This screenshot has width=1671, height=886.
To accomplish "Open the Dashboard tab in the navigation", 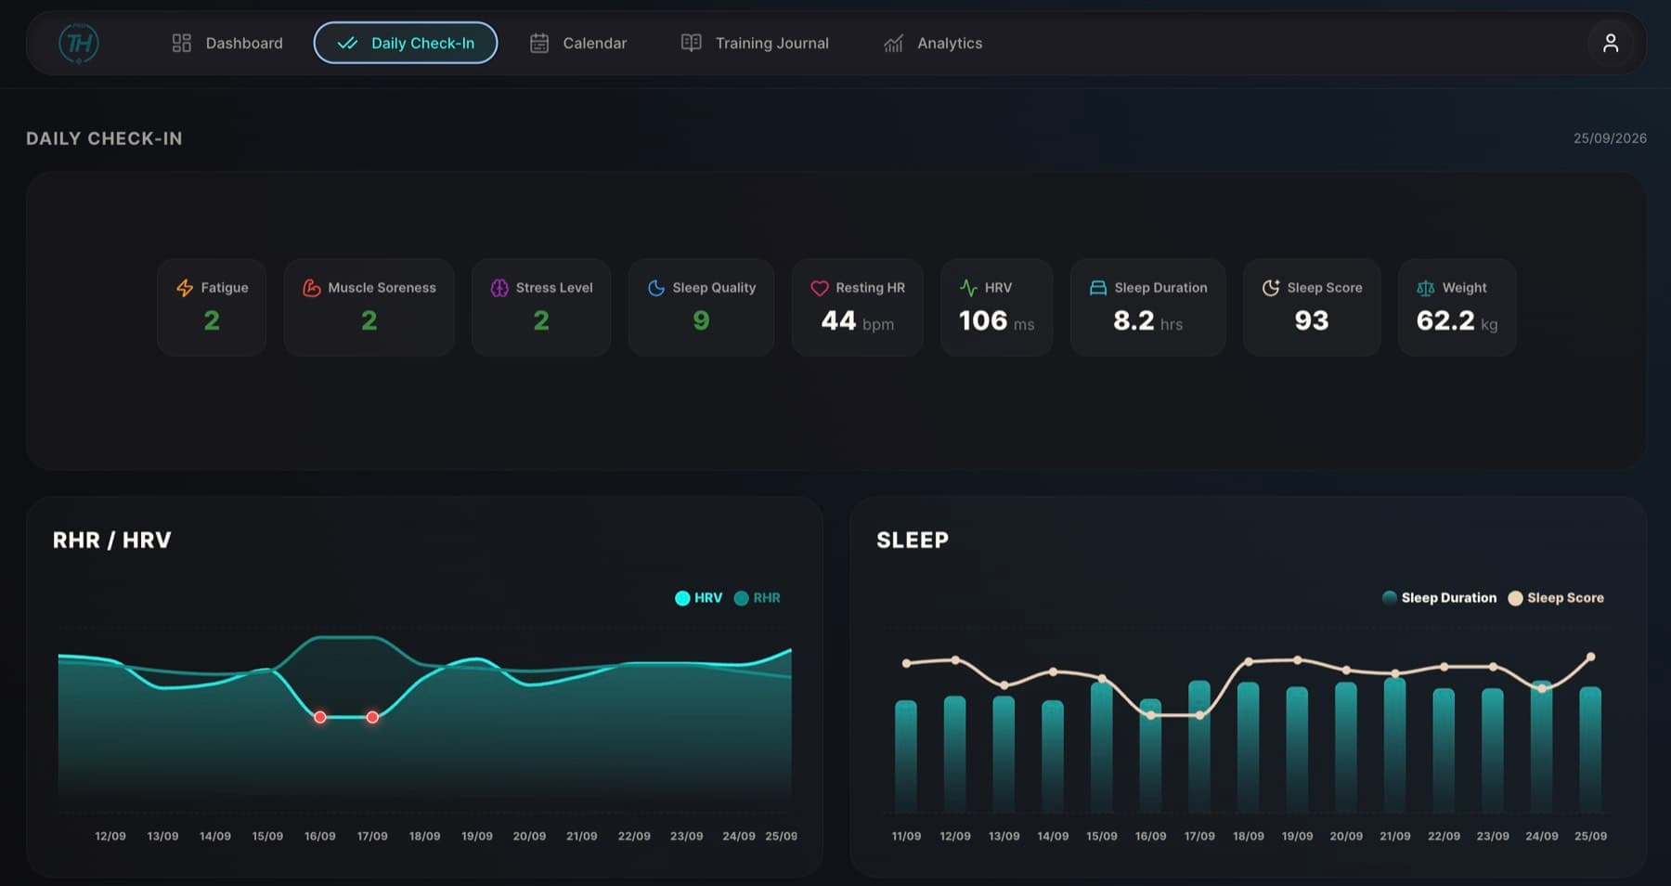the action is point(227,43).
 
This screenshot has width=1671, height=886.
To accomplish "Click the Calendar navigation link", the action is point(578,43).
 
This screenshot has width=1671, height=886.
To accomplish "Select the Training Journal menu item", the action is point(755,43).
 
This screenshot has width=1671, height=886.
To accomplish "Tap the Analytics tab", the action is point(933,43).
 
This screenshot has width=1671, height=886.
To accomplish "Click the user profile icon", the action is point(1611,43).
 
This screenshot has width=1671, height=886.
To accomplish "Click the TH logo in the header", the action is point(79,43).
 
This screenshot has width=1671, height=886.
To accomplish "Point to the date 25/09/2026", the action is point(1610,138).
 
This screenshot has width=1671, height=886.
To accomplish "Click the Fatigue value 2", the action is point(212,320).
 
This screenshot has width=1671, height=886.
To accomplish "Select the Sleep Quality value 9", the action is point(701,320).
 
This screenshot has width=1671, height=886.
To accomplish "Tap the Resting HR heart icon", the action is point(819,288).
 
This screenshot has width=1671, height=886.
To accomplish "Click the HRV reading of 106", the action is point(983,320).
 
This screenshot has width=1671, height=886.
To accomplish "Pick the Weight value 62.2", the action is point(1445,320).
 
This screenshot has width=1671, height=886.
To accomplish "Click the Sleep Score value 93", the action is point(1312,320).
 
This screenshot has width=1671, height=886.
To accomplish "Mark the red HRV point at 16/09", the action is point(319,717).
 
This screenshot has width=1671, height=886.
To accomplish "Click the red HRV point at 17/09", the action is point(372,717).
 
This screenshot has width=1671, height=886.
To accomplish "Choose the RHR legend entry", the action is point(757,598).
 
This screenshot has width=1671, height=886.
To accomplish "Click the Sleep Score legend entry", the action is point(1556,598).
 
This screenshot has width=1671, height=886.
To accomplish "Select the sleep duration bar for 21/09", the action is point(1394,746).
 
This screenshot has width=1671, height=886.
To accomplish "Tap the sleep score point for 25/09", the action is point(1590,657).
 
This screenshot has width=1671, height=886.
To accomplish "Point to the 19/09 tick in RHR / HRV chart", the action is point(477,836).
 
